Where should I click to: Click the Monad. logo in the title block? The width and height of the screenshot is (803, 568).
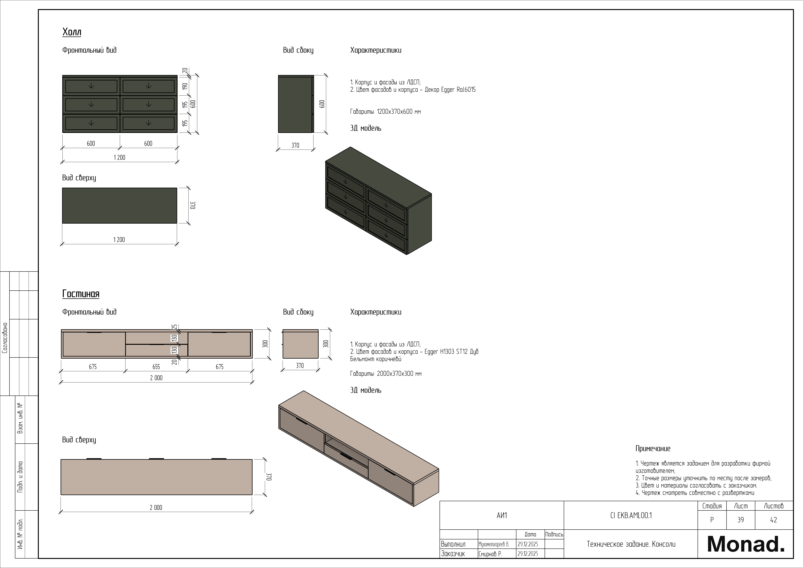click(745, 544)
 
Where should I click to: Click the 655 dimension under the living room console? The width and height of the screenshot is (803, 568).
click(156, 367)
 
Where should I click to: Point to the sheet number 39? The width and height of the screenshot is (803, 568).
click(740, 520)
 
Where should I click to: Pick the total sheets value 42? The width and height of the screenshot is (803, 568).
click(774, 520)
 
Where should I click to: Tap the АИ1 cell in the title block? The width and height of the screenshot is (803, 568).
click(501, 515)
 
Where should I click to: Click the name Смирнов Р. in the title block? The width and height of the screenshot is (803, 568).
click(490, 554)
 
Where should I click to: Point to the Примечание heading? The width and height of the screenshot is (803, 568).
click(653, 448)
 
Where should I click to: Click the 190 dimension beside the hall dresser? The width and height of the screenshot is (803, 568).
click(185, 86)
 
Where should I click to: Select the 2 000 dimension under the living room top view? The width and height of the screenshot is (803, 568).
click(156, 507)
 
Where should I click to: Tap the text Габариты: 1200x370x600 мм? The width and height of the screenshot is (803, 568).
click(385, 112)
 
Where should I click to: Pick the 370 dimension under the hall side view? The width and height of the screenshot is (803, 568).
click(295, 145)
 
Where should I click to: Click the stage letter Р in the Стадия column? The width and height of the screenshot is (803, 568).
click(712, 520)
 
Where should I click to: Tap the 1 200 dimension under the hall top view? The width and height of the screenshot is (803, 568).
click(119, 240)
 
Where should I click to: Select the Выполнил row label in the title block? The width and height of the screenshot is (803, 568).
click(453, 544)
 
